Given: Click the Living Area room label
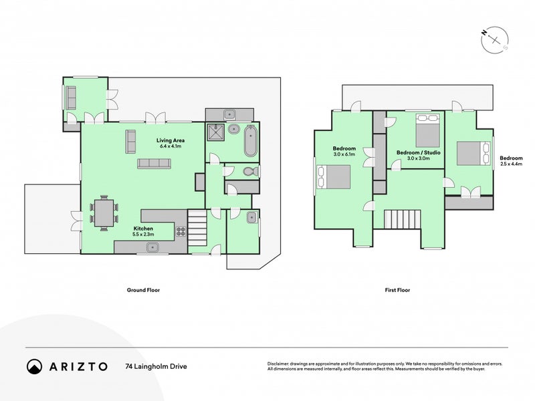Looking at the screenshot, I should click(171, 140).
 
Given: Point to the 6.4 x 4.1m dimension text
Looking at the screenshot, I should click(171, 147).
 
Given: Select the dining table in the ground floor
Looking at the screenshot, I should click(104, 213).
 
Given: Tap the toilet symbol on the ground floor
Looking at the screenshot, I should click(249, 172).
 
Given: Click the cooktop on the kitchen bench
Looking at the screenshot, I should click(180, 233).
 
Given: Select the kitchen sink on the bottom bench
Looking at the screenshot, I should click(153, 247).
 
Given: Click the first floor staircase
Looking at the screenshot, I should click(404, 219).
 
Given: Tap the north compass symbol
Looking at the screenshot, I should click(494, 39).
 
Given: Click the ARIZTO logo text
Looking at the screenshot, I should click(76, 366).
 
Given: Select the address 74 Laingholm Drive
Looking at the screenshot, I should click(156, 366).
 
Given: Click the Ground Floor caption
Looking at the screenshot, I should click(144, 290).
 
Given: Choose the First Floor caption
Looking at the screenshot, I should click(397, 290).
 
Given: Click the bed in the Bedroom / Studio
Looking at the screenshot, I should click(428, 128).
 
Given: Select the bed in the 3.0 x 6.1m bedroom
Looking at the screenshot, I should click(334, 177).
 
